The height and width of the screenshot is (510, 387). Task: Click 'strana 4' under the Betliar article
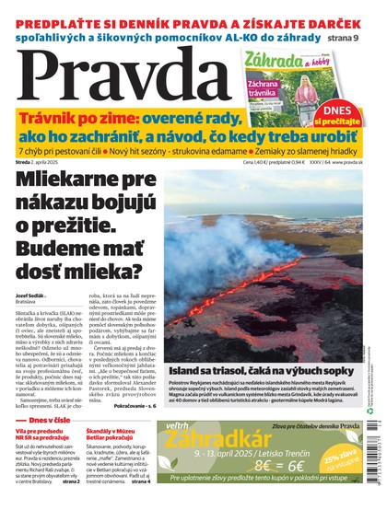(140, 481)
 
